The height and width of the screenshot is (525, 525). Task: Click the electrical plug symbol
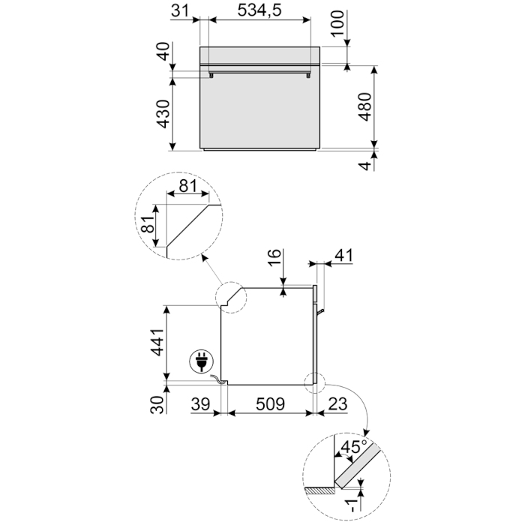click(200, 363)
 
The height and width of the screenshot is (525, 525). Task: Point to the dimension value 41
click(342, 256)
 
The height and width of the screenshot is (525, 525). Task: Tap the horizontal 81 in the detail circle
click(187, 186)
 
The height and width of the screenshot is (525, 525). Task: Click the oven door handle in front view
click(260, 73)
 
